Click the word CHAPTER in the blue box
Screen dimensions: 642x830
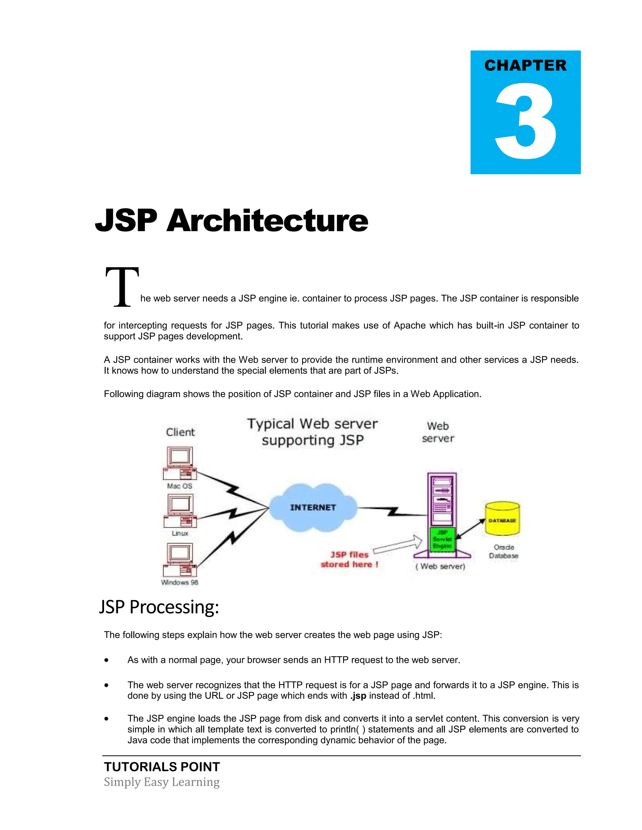(x=525, y=65)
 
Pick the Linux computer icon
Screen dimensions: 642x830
(x=180, y=511)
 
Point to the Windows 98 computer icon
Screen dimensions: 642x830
(x=180, y=559)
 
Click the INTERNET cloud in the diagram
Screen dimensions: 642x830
(x=313, y=507)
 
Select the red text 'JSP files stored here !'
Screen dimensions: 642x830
(x=349, y=559)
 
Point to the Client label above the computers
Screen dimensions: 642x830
(x=180, y=432)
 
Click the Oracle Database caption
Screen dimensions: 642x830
(x=503, y=552)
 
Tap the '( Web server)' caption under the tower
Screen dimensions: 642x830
(x=440, y=566)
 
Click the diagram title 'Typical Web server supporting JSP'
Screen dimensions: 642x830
(x=312, y=432)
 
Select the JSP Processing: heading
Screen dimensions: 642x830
(x=159, y=607)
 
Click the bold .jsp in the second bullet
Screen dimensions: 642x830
(x=358, y=696)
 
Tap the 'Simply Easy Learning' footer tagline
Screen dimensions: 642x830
(x=162, y=782)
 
